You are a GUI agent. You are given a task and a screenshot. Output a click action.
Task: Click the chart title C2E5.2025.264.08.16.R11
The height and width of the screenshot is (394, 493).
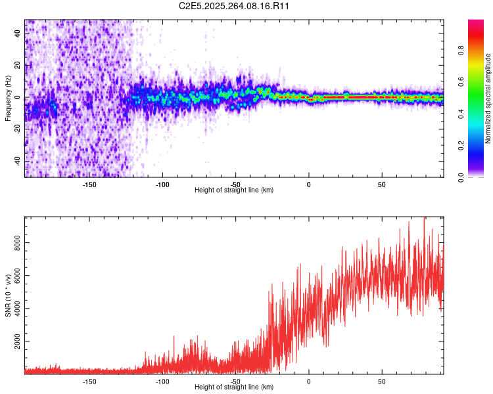click(x=235, y=6)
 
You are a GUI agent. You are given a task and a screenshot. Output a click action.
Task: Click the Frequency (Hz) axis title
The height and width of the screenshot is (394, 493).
click(x=8, y=98)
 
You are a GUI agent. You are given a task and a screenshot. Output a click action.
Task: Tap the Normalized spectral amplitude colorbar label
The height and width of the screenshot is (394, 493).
click(x=488, y=98)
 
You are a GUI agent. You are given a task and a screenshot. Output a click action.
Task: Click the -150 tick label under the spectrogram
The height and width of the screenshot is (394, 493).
click(x=89, y=185)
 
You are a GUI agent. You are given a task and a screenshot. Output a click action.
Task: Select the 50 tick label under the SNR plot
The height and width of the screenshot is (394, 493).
click(x=381, y=381)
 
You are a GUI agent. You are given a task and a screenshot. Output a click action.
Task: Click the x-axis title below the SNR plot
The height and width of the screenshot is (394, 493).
click(x=234, y=387)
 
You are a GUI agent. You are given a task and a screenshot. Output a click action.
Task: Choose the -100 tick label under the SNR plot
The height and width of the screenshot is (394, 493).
click(x=162, y=381)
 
